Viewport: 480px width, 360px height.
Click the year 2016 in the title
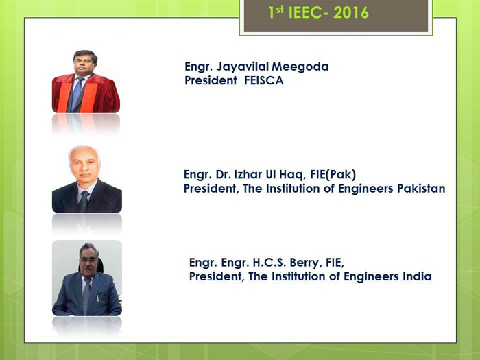click(351, 13)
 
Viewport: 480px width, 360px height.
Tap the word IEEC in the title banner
click(305, 13)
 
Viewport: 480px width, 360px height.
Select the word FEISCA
click(264, 80)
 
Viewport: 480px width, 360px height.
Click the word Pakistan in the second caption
click(421, 189)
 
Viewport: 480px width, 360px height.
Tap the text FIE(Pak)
click(333, 174)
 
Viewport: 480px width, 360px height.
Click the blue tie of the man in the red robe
click(77, 93)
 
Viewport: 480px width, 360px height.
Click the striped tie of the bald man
click(84, 200)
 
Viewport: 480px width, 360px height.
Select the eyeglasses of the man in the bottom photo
click(88, 260)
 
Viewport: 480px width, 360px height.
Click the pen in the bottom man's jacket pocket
click(97, 298)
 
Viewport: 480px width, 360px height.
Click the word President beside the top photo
click(211, 80)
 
